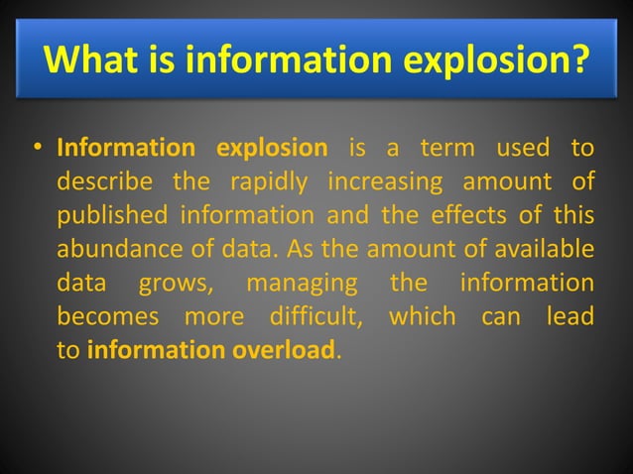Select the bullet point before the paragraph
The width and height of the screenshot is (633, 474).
[37, 151]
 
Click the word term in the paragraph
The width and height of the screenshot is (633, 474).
[449, 150]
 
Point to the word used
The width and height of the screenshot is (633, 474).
[523, 150]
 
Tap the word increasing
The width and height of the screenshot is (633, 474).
[380, 183]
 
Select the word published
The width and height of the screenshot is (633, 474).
[112, 216]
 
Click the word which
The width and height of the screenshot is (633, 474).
[424, 317]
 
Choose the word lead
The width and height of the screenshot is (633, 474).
[570, 317]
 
